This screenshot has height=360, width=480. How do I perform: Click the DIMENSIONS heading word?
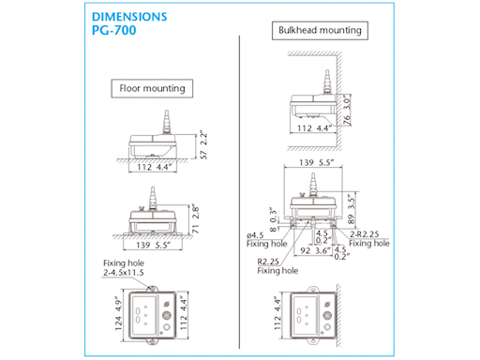click(129, 17)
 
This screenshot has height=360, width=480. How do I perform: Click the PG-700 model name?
click(114, 30)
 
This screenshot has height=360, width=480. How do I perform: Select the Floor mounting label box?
click(152, 88)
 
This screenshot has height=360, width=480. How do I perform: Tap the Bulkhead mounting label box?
click(320, 30)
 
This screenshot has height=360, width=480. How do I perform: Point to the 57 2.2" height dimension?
click(203, 146)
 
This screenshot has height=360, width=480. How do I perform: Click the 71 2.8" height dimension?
click(196, 218)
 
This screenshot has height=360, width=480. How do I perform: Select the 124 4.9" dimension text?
click(118, 313)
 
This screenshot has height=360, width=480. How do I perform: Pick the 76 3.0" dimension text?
click(347, 111)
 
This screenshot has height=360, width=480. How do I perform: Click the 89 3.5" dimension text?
click(352, 209)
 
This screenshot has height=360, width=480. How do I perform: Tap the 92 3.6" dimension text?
click(315, 250)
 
